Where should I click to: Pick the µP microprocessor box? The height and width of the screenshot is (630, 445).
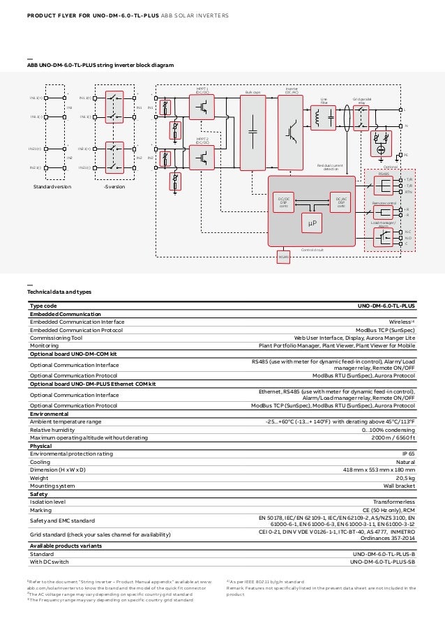coord(313,223)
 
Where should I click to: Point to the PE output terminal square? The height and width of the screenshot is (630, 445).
coord(400,156)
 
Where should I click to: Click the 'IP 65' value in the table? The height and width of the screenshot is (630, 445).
coord(408,453)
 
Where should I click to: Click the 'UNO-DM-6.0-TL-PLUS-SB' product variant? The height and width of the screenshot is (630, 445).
coord(382,561)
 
